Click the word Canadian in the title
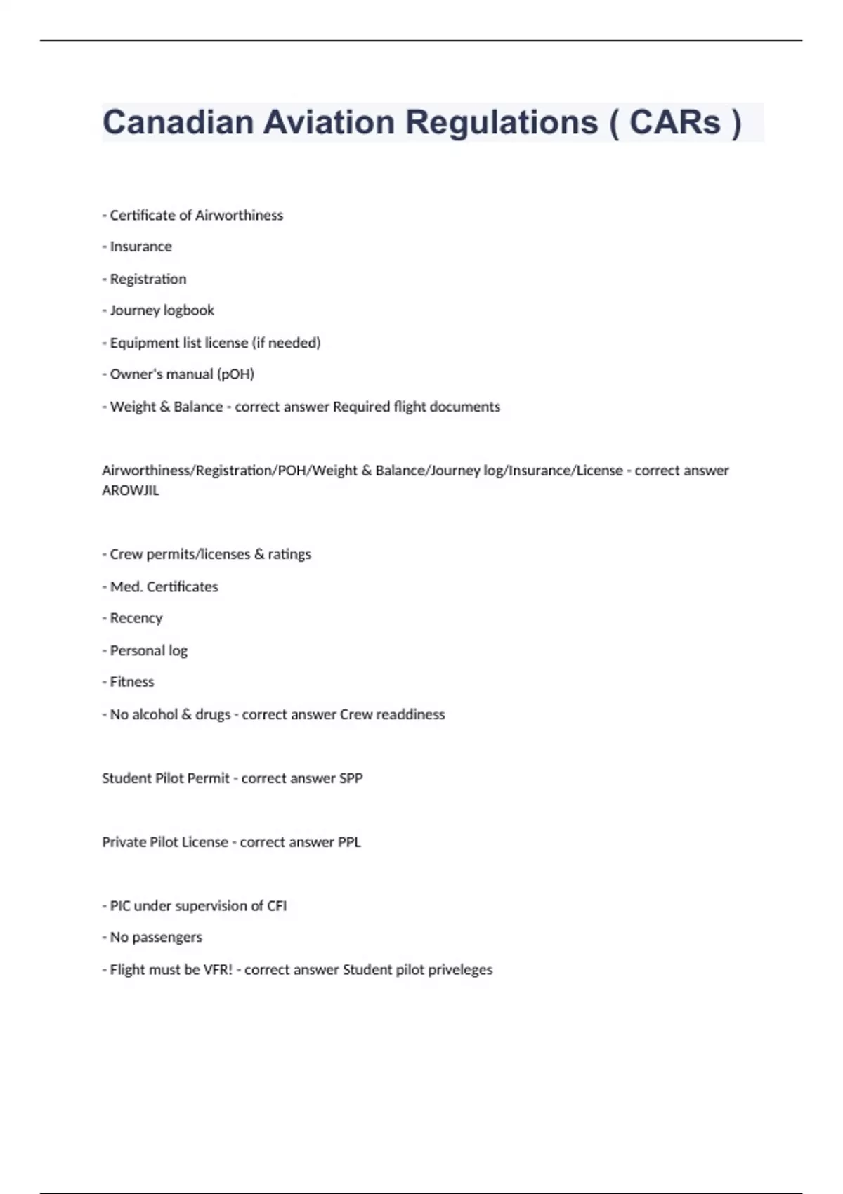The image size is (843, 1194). (x=178, y=122)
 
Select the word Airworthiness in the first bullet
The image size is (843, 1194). (x=240, y=215)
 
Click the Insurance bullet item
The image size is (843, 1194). (x=140, y=247)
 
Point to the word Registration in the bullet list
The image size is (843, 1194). (x=148, y=279)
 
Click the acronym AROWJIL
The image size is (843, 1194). (x=131, y=491)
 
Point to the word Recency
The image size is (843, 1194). (x=136, y=618)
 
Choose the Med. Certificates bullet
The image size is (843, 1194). (x=164, y=586)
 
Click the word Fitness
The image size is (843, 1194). (x=132, y=682)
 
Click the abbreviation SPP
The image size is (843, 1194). (x=351, y=778)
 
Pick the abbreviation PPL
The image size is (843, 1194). (x=349, y=842)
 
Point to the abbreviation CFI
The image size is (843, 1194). (x=277, y=906)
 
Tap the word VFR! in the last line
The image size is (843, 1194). (x=218, y=970)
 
